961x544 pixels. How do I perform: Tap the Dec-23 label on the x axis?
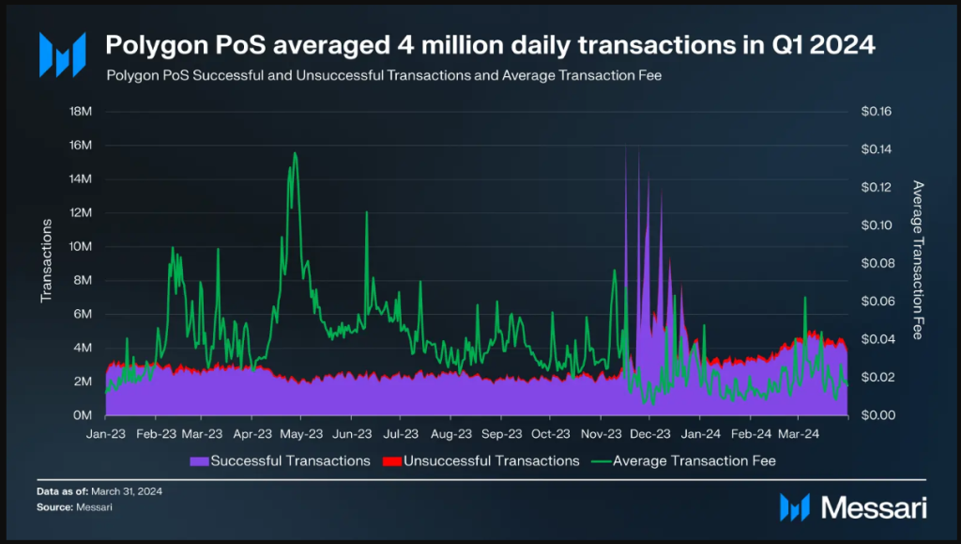click(649, 434)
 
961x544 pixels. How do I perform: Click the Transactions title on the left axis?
click(45, 260)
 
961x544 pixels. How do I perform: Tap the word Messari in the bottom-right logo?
click(874, 508)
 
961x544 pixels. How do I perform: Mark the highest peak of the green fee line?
click(296, 153)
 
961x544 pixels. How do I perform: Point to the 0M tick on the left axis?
click(81, 415)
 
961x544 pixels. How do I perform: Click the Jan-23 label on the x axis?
click(105, 434)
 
